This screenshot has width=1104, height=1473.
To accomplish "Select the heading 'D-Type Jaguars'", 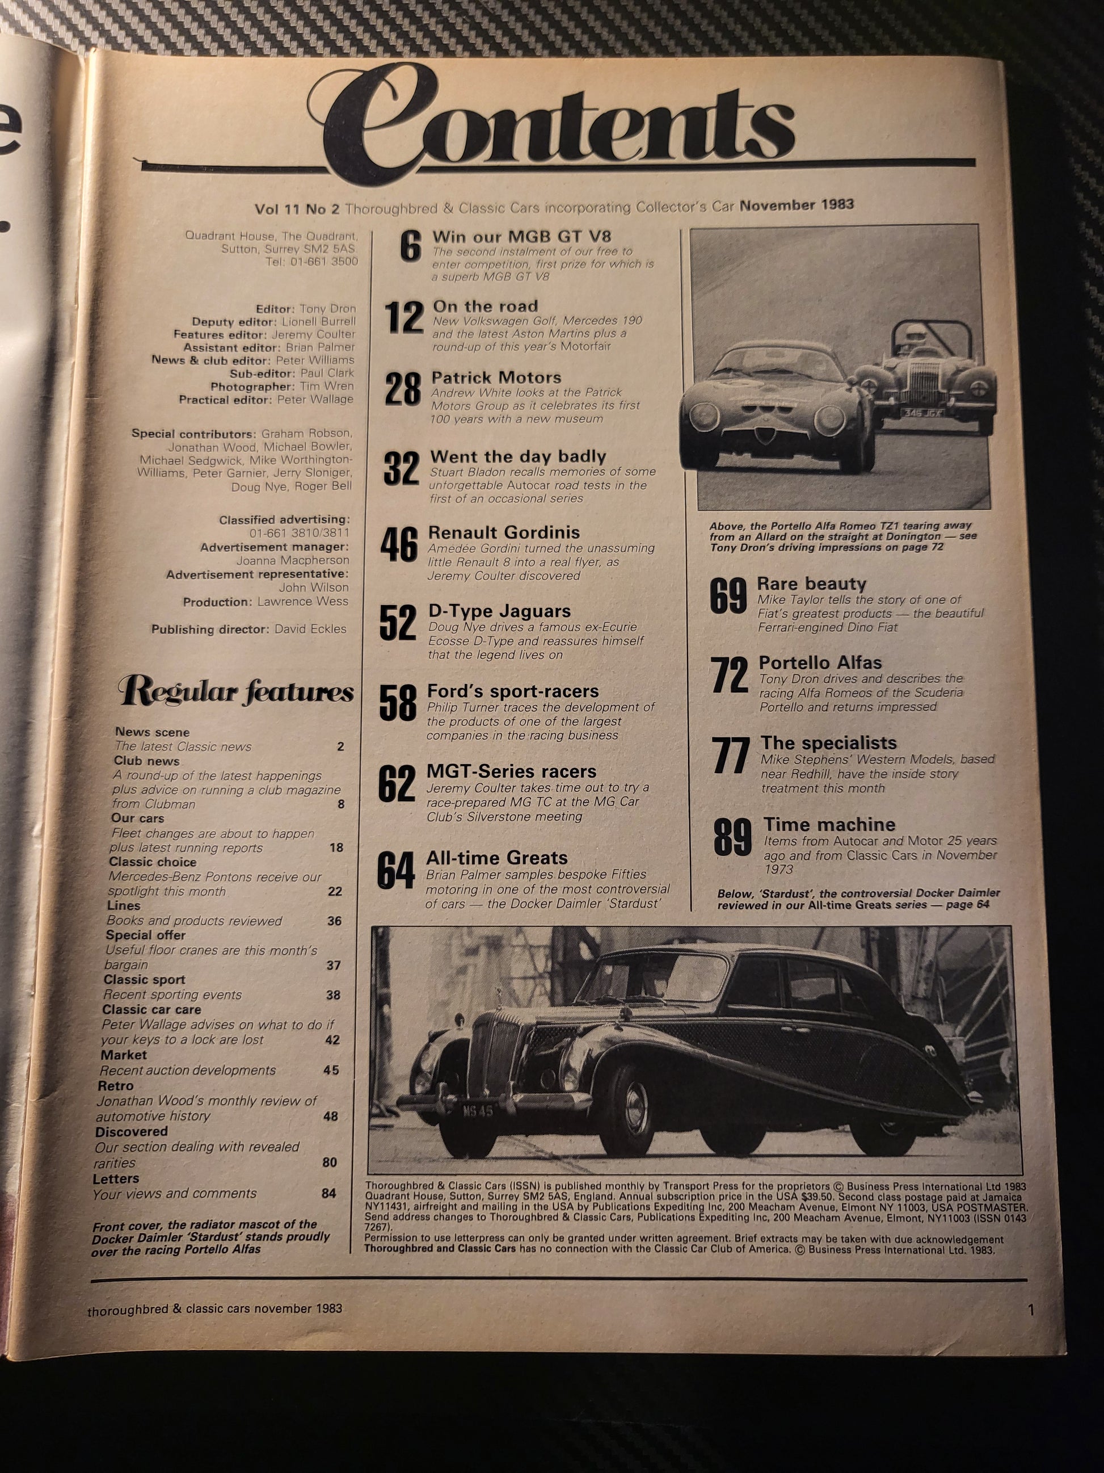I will (499, 611).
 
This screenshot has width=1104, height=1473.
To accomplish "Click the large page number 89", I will (732, 838).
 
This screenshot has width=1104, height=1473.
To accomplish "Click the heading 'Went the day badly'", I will (518, 456).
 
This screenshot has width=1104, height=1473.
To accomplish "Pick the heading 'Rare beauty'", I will (811, 584).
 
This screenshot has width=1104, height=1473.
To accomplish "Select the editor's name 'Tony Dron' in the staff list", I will (327, 309).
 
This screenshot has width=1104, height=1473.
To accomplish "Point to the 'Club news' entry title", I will (146, 761).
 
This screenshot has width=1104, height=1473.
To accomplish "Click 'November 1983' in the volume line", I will (797, 205).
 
